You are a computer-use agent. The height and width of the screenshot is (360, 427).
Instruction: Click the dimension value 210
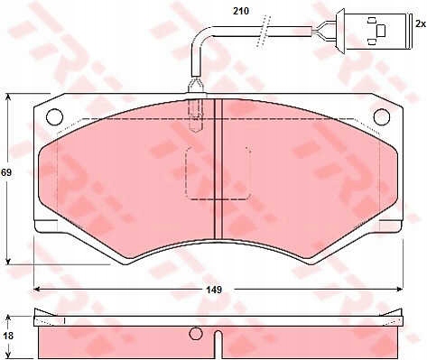241,11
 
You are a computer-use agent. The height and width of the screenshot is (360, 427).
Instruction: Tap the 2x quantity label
421,24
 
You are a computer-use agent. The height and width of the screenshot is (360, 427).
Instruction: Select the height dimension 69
6,173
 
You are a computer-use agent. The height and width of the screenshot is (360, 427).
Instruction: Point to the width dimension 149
214,290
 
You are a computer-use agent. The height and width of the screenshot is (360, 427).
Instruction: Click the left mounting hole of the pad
55,116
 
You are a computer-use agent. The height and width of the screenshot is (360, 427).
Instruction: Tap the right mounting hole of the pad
382,116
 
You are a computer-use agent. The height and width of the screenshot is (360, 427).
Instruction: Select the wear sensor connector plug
374,31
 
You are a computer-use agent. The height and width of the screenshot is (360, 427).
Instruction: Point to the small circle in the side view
196,334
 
